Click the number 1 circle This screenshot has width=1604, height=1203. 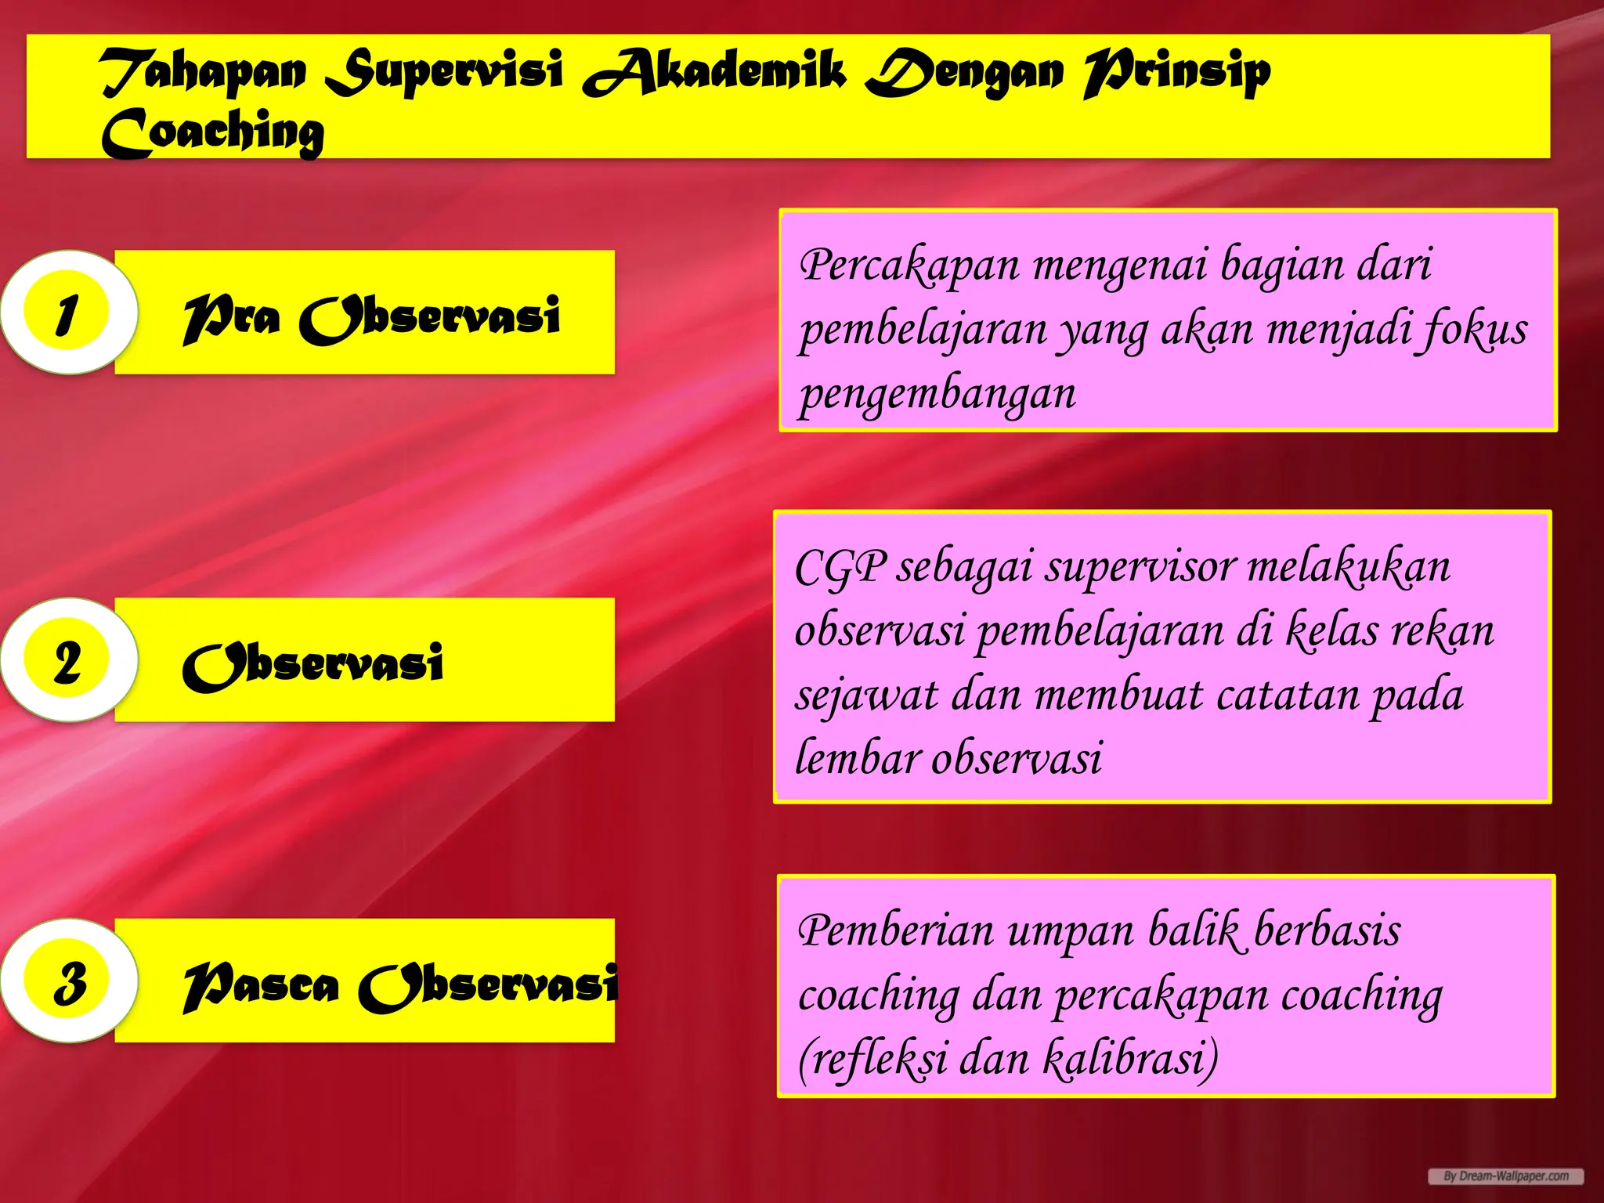tap(67, 313)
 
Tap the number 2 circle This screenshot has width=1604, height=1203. tap(67, 660)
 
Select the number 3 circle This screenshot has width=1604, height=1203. tap(69, 981)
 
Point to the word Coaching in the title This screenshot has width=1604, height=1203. tap(213, 133)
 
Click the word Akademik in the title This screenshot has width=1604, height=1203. tap(714, 72)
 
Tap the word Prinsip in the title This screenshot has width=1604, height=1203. tap(1177, 72)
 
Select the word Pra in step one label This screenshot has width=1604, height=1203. tap(232, 318)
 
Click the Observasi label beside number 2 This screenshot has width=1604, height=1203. tap(313, 665)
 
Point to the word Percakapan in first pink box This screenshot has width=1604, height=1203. tap(909, 265)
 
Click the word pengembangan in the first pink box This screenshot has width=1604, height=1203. tap(937, 393)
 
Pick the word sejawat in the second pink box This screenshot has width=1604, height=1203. tap(866, 695)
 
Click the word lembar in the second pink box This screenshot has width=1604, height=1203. tap(857, 758)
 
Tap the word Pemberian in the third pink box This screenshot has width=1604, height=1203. tap(896, 931)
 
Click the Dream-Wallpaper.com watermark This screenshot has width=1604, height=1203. tap(1505, 1176)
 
